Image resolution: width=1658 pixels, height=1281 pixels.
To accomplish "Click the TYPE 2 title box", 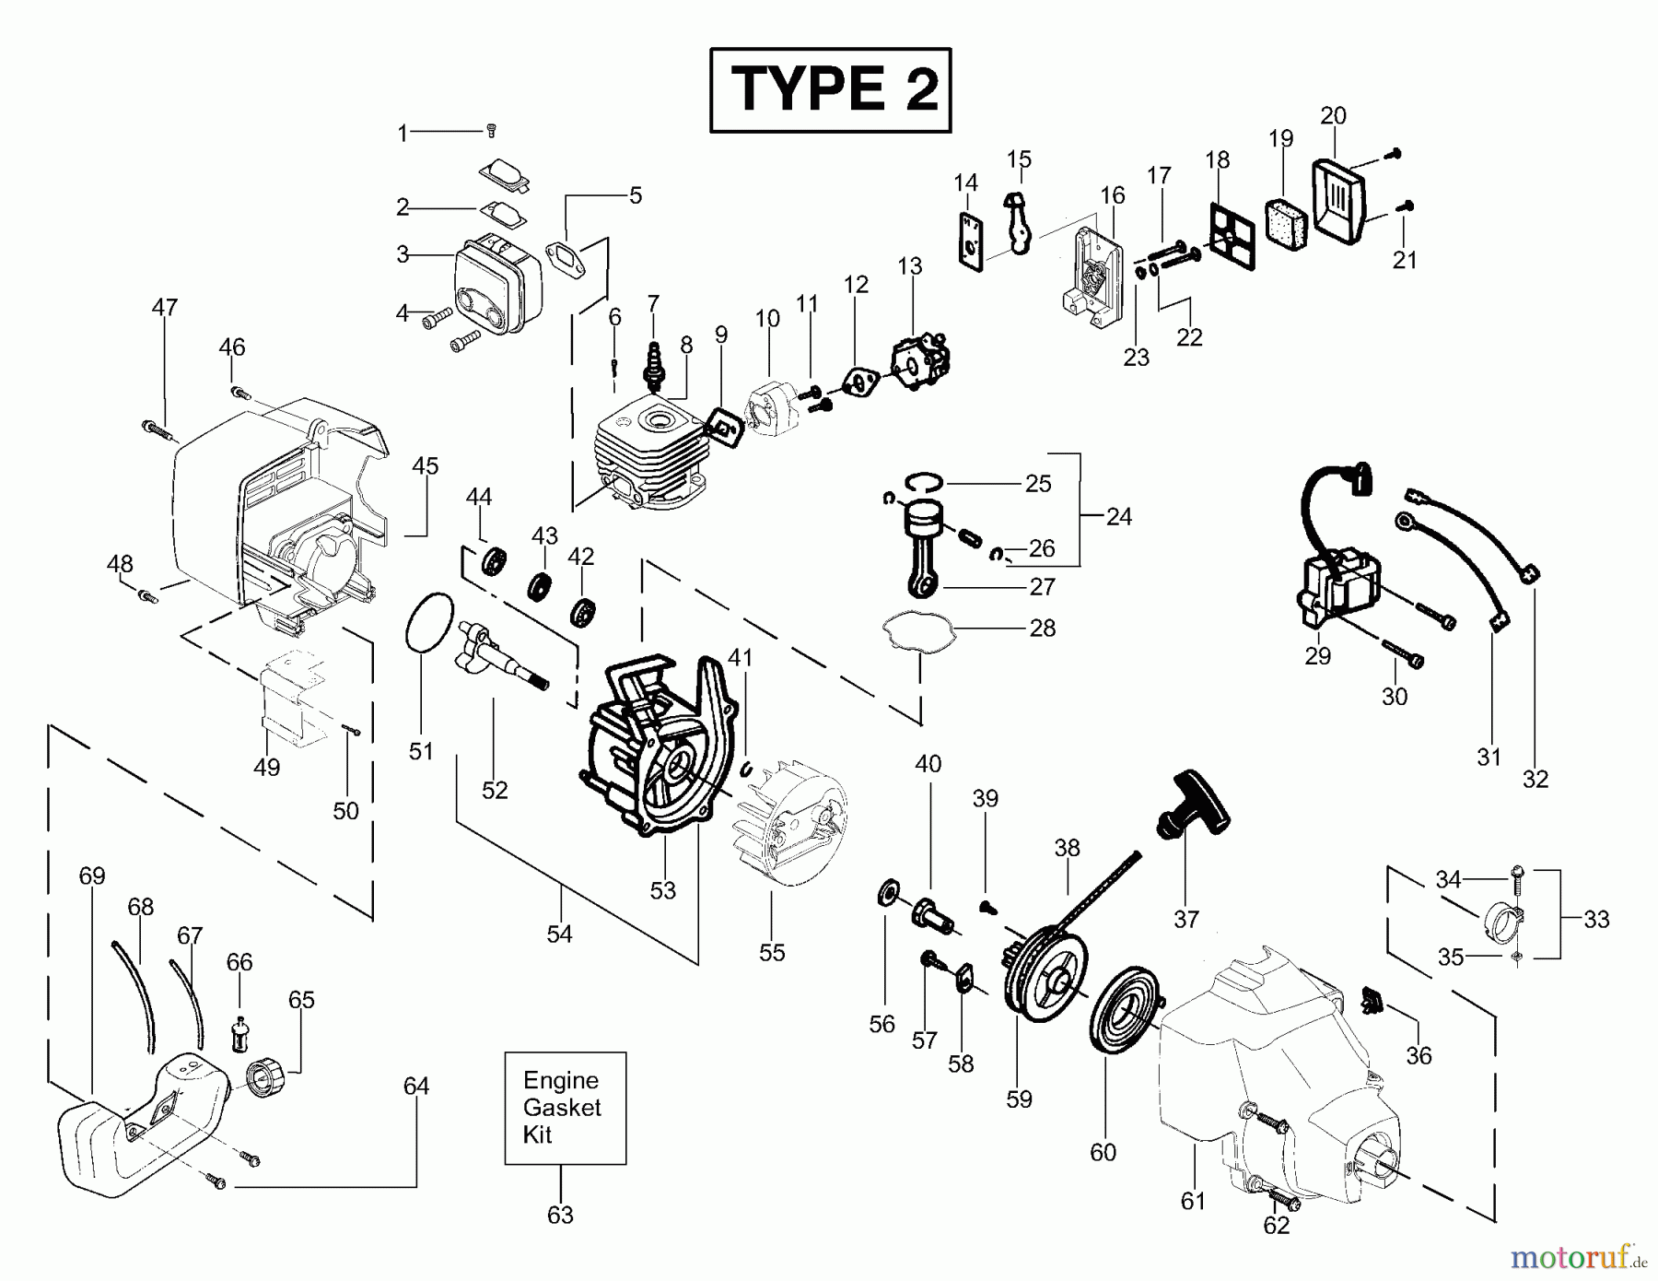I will pos(830,90).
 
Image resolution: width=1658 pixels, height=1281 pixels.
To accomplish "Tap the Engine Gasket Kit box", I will pos(565,1108).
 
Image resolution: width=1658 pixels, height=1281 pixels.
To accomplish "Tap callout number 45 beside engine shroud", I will pos(425,466).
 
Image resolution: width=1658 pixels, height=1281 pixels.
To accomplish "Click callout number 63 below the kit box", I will pos(560,1216).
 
